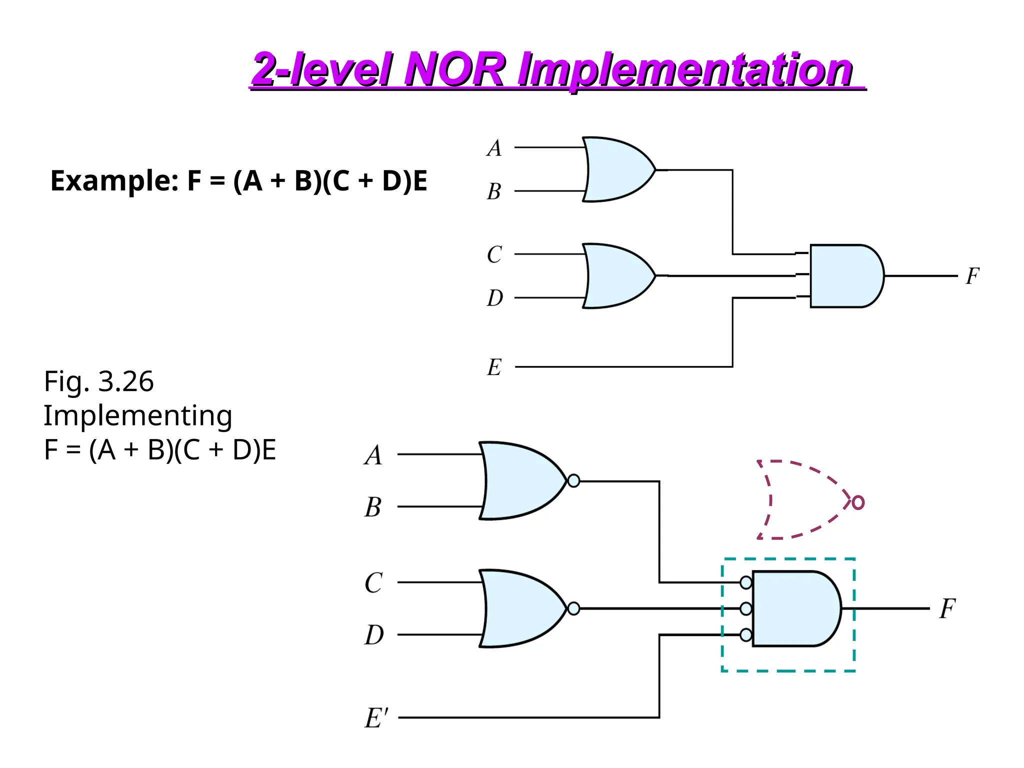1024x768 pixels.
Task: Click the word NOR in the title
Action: pos(455,70)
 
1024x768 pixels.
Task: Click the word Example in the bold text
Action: pos(114,181)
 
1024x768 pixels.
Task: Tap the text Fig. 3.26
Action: pos(98,382)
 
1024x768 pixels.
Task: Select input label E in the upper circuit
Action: pos(494,367)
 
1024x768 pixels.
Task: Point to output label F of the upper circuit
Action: pos(972,276)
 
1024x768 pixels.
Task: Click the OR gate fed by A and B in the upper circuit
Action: pos(617,169)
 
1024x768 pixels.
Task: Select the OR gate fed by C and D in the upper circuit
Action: pos(617,276)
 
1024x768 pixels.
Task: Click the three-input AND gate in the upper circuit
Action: pos(845,276)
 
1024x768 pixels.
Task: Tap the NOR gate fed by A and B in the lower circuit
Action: pos(520,481)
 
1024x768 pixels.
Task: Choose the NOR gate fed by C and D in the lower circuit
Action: pos(520,608)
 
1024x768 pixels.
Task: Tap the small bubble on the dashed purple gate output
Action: pos(858,502)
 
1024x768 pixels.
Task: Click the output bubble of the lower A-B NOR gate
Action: pos(574,481)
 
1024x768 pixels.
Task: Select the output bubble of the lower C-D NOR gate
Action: pos(574,608)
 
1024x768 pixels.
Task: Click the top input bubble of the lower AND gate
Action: pos(746,582)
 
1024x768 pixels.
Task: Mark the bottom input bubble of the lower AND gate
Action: pos(746,635)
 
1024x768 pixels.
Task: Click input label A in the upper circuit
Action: pos(494,148)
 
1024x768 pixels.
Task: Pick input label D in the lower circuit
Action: pos(374,635)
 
